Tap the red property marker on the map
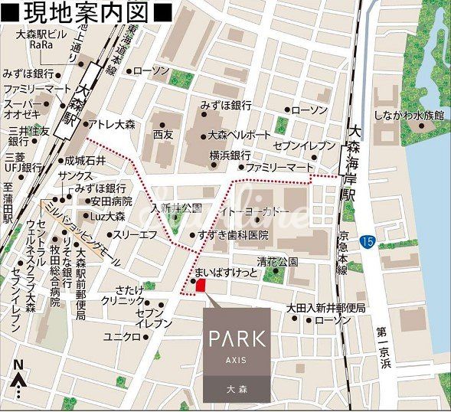(201, 286)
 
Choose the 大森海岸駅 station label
(353, 162)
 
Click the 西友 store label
(163, 134)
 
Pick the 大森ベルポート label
(239, 135)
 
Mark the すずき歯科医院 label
(233, 235)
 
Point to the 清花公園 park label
(276, 260)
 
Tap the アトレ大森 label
(115, 123)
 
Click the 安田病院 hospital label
(111, 202)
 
